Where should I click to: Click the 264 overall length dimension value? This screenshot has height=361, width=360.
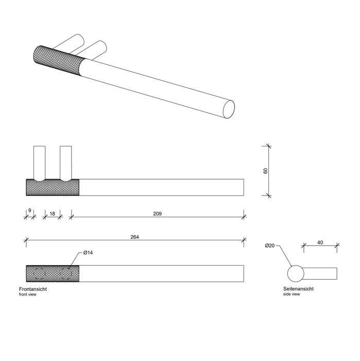pos(135,237)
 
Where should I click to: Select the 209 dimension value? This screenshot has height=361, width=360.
pos(158,214)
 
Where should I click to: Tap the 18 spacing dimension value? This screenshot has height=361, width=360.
pos(52,214)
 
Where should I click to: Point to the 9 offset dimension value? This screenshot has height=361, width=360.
pos(30,210)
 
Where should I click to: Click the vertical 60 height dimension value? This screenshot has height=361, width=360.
pos(266,171)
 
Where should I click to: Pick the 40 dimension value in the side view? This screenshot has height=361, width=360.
pos(320,242)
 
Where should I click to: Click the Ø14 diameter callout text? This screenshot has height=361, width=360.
pos(88,253)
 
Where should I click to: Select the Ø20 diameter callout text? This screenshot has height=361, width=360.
pos(270,245)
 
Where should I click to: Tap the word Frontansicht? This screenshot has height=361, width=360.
pos(33,289)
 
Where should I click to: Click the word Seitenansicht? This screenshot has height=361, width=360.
pos(298,289)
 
